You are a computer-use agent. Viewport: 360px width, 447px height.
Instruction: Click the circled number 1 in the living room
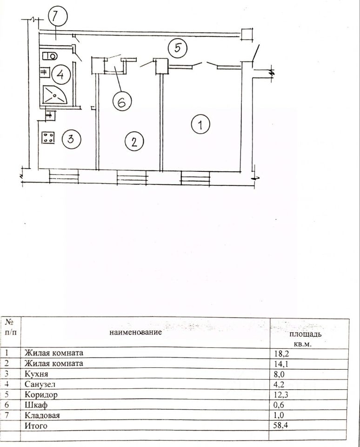(200, 124)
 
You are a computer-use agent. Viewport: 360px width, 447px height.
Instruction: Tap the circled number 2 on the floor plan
(134, 141)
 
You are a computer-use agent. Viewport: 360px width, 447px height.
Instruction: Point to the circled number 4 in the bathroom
(60, 74)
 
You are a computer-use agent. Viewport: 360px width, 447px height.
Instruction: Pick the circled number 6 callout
(121, 102)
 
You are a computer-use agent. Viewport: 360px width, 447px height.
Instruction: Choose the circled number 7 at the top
(56, 18)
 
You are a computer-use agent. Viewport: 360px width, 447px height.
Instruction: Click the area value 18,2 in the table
(281, 353)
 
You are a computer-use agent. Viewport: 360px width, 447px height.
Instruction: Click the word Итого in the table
(36, 425)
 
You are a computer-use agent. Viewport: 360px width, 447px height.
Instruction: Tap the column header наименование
(136, 332)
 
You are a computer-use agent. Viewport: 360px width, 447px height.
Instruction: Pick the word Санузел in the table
(39, 384)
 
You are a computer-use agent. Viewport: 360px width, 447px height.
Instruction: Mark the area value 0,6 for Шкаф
(279, 405)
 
